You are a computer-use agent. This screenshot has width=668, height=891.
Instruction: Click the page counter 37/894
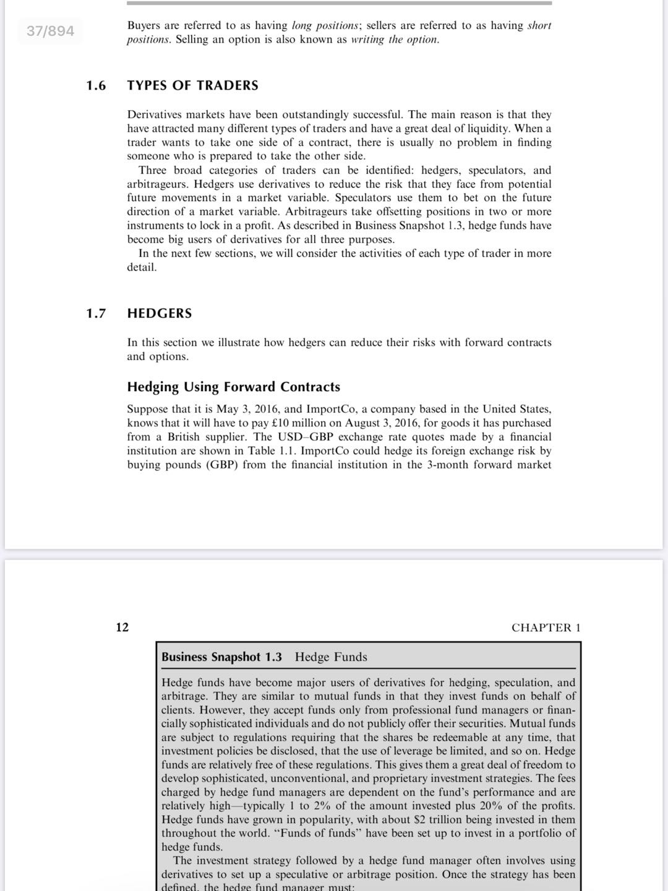(x=50, y=30)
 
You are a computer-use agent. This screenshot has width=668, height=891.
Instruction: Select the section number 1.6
(x=96, y=85)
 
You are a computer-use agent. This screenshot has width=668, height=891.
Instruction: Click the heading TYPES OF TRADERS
(x=192, y=85)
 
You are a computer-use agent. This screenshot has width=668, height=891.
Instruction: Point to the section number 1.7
(x=96, y=313)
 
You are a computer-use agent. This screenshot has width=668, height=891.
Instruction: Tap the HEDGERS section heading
(x=160, y=313)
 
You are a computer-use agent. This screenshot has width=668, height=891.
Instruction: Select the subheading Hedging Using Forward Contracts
(x=233, y=387)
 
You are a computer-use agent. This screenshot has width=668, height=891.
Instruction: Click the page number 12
(x=122, y=627)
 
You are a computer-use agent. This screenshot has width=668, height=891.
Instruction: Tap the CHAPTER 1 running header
(x=546, y=627)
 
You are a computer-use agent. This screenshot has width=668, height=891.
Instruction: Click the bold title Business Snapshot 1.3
(x=221, y=657)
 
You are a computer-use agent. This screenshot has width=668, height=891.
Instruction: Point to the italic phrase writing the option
(x=395, y=40)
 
